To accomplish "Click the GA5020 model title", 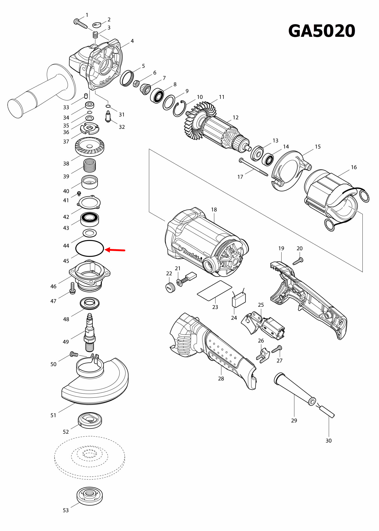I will point(322,31).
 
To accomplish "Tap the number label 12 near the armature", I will point(236,118).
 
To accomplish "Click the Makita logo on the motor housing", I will point(192,255).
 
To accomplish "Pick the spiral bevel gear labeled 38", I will point(89,147).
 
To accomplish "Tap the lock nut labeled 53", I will point(89,496).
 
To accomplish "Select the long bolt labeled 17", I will point(254,167).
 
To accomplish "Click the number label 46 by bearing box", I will point(53,286).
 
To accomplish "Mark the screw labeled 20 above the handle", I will point(298,261).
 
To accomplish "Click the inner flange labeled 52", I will point(90,420).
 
